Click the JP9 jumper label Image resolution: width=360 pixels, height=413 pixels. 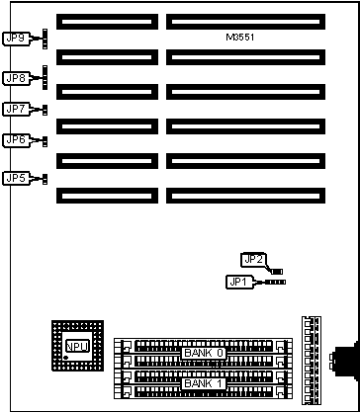(x=17, y=39)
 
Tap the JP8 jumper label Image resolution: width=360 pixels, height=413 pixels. (x=17, y=78)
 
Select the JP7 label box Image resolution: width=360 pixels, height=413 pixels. (x=17, y=109)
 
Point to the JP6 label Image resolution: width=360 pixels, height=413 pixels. (x=17, y=140)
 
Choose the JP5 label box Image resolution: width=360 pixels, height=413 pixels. (x=17, y=178)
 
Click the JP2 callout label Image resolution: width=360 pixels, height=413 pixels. (x=254, y=260)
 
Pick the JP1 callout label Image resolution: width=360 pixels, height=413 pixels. (x=239, y=282)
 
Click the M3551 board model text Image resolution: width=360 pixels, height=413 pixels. (x=240, y=38)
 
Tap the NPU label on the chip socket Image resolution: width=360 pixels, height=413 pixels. (x=77, y=346)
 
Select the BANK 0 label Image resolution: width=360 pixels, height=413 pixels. (x=204, y=353)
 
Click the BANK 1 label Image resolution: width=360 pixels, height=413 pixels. (x=204, y=383)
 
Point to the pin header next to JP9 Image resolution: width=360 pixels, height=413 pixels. (x=45, y=39)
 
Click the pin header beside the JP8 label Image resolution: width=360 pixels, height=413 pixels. (x=45, y=77)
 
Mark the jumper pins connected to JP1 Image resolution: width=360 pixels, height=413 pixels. (x=275, y=283)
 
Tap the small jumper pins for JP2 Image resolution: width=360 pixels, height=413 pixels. (x=277, y=272)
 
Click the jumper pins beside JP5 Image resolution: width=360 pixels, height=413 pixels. (x=45, y=180)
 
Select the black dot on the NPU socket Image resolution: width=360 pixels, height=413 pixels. (x=66, y=358)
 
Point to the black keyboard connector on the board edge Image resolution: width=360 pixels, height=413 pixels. (x=345, y=362)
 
